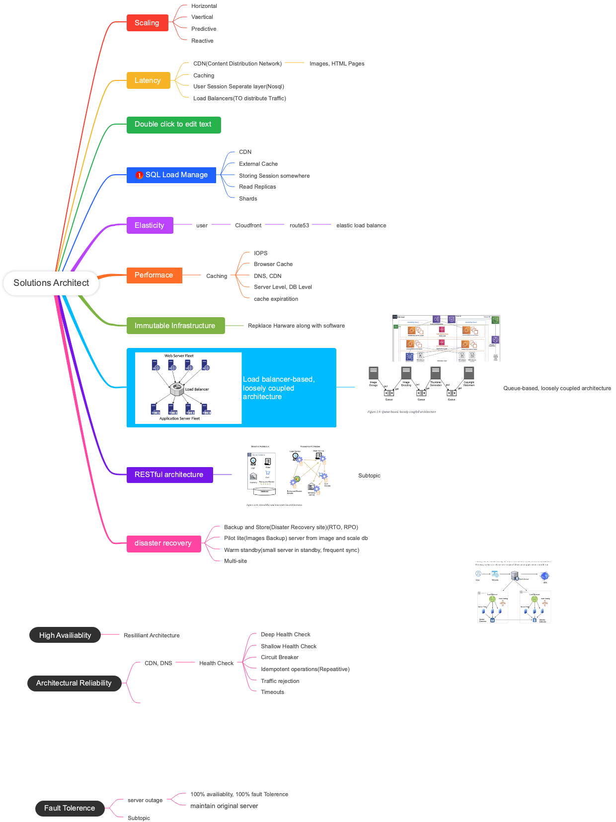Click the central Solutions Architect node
tap(51, 283)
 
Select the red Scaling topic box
tap(147, 23)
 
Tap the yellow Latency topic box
tap(148, 80)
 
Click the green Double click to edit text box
tap(173, 125)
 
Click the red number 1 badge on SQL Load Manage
tap(140, 175)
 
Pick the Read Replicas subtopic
tap(257, 187)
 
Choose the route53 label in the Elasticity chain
tap(299, 225)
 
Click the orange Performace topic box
tap(154, 275)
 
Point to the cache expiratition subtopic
tap(276, 299)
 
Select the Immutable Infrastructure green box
tap(175, 326)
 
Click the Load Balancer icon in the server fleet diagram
tap(177, 390)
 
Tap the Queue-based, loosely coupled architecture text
tap(557, 389)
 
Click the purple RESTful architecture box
tap(169, 475)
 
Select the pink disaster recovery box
tap(163, 544)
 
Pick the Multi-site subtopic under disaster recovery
tap(235, 561)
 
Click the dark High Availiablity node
tap(65, 635)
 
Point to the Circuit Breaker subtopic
tap(280, 658)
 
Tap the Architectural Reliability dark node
tap(74, 684)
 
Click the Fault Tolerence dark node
tap(70, 809)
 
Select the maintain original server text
tap(224, 806)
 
